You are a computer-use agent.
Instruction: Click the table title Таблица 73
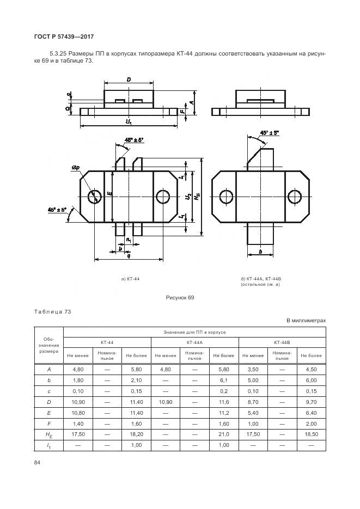53,312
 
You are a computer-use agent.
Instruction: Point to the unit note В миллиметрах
306,321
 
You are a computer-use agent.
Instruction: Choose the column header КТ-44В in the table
282,343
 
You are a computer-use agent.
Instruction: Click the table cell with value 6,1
224,380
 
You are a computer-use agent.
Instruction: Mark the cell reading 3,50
253,370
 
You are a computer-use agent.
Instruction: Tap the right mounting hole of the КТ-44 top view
162,196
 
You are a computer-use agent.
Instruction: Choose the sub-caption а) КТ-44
130,279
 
